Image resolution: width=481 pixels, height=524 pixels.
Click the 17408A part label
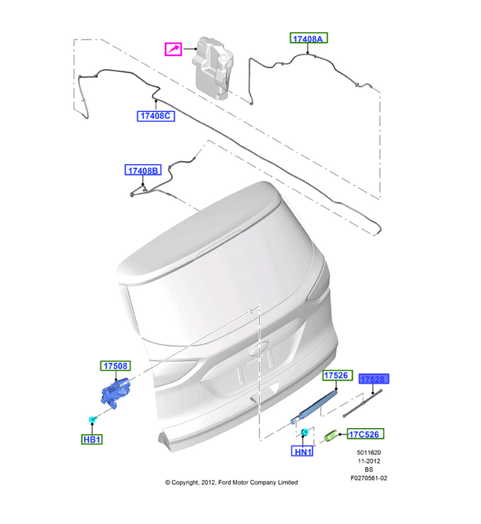pos(308,38)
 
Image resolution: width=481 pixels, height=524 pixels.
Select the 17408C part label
pos(156,116)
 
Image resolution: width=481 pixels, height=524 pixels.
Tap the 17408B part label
pos(143,170)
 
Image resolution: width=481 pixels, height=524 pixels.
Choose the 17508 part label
pos(115,366)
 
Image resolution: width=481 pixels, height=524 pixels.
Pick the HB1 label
pos(92,439)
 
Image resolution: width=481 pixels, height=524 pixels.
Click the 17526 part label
pos(336,375)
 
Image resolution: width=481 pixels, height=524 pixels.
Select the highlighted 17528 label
pos(374,379)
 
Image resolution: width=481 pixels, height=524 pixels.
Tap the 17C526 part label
pos(365,433)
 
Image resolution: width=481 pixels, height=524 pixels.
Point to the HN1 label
pos(302,451)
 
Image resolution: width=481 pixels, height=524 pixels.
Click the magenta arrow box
pos(173,49)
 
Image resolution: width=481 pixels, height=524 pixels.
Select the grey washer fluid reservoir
pos(212,68)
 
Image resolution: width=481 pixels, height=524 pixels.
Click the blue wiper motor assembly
pos(116,393)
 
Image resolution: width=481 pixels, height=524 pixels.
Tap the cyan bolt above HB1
pos(92,419)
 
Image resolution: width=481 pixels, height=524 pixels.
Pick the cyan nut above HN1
pos(305,433)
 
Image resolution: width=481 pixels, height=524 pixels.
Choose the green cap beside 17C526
pos(331,436)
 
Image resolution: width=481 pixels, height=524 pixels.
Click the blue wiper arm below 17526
pos(314,407)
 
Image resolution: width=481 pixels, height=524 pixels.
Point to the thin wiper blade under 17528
pos(362,404)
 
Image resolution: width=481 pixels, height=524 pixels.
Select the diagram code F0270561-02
pos(369,478)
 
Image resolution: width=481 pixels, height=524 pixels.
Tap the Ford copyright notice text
pos(232,483)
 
